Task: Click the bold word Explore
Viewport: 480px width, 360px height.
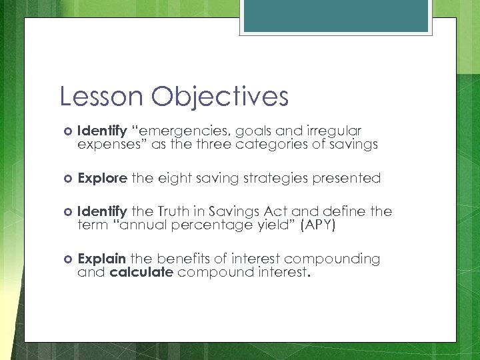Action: click(x=102, y=178)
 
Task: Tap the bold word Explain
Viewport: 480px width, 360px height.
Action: click(x=102, y=259)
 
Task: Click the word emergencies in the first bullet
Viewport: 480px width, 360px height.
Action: click(x=177, y=131)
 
